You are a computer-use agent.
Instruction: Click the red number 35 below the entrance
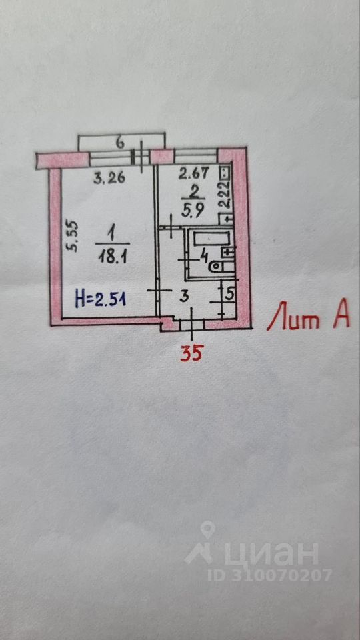191,352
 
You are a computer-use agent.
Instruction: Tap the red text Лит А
308,316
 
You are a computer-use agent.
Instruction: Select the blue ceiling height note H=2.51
101,299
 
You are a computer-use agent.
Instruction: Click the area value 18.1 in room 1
112,257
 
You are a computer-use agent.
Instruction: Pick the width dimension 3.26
109,179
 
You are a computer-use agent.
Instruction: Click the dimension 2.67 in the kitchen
194,173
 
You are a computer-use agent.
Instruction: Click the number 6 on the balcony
119,143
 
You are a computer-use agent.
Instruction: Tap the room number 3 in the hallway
184,297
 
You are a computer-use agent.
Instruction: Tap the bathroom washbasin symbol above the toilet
229,252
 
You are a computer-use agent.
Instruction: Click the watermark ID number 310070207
269,575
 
